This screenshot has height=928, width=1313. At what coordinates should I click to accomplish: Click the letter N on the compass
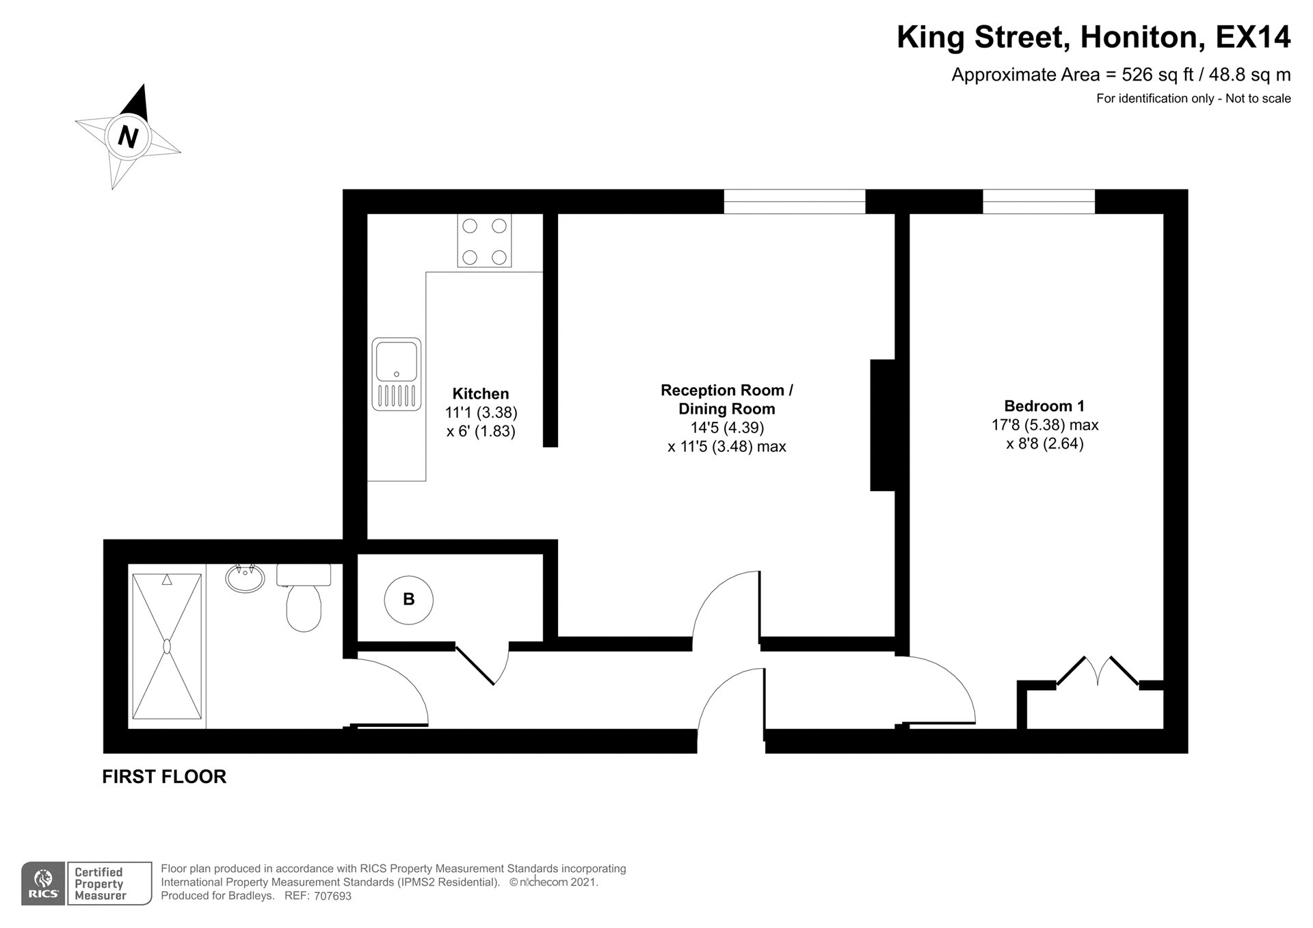click(128, 137)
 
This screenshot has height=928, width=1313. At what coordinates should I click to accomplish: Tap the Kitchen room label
click(481, 394)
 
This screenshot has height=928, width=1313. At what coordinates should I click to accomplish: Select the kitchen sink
click(397, 374)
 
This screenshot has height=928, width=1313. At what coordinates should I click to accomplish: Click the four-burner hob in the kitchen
click(484, 241)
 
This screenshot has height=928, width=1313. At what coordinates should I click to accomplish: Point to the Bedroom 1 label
click(1044, 406)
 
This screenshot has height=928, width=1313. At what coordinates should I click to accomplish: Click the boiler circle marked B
click(408, 600)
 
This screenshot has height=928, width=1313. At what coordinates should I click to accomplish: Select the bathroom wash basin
click(245, 578)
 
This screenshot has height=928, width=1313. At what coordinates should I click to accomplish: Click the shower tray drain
click(167, 646)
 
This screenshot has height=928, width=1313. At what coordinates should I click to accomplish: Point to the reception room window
click(795, 202)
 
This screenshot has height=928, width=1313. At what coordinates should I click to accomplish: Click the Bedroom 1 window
click(1039, 202)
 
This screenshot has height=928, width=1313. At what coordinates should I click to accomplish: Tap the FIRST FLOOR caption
click(164, 777)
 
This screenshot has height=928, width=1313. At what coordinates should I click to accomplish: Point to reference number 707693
click(333, 896)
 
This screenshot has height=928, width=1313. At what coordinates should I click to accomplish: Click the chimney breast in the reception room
click(883, 425)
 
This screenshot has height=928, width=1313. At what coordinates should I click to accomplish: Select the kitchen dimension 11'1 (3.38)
click(481, 412)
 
